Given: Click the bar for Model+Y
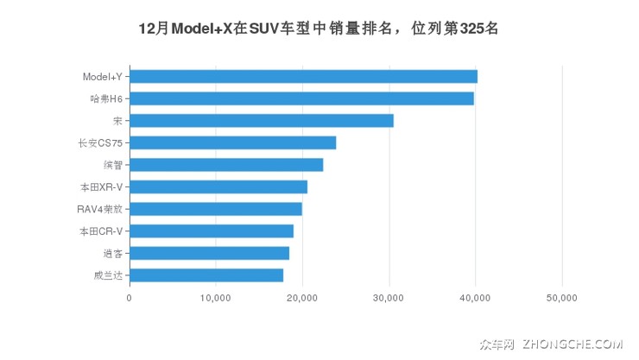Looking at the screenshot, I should (x=303, y=77).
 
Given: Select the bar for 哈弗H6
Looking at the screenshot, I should (x=301, y=98).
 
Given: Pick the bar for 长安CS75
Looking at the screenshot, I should (x=232, y=142).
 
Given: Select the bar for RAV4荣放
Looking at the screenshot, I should (x=216, y=209).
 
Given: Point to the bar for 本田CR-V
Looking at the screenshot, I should (x=212, y=231).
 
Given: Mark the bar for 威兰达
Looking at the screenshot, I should (x=206, y=275).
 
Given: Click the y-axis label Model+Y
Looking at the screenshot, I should (x=102, y=77).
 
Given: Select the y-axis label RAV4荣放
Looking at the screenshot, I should (x=99, y=209).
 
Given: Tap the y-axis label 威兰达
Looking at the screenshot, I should (x=108, y=275).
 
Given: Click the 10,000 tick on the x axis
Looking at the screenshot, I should (x=216, y=298).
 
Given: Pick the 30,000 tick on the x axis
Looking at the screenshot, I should (x=389, y=298).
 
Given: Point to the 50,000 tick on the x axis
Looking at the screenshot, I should (x=562, y=298).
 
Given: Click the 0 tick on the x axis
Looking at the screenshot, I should (x=130, y=298).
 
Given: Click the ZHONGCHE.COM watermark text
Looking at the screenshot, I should (x=572, y=344).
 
